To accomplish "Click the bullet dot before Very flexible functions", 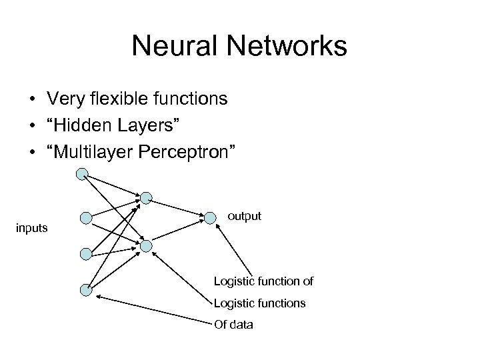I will click(x=32, y=100).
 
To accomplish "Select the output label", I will click(x=245, y=216).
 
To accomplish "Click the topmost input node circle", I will click(x=81, y=175).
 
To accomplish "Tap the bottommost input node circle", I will click(x=85, y=289).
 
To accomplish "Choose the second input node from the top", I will click(x=85, y=218).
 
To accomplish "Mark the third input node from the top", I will click(x=85, y=254).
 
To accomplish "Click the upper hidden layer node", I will click(x=146, y=197).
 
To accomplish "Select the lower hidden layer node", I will click(x=146, y=246).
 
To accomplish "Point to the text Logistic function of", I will click(x=263, y=281).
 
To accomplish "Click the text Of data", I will click(x=233, y=325).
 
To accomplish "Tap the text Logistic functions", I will click(x=260, y=303).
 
